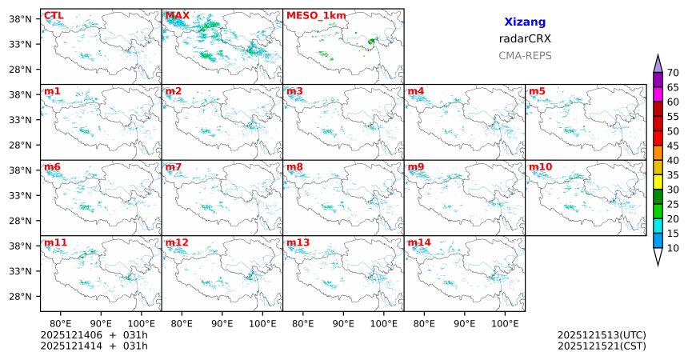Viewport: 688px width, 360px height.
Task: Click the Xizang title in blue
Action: click(x=525, y=22)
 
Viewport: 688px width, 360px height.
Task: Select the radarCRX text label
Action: click(x=525, y=38)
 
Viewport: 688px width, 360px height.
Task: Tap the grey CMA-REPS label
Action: click(x=525, y=56)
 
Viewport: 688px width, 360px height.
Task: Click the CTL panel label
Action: click(x=54, y=15)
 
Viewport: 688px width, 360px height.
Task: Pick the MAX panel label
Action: click(x=177, y=15)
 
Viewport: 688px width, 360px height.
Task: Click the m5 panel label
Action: click(x=537, y=91)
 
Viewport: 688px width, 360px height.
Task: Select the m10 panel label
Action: click(x=540, y=166)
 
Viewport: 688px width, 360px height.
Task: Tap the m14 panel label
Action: click(x=418, y=242)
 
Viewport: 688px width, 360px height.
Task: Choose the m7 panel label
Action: click(x=174, y=166)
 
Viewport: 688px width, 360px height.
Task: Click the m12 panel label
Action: click(x=177, y=242)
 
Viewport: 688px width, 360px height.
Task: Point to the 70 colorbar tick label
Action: click(x=674, y=72)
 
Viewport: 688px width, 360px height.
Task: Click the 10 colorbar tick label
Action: click(x=674, y=249)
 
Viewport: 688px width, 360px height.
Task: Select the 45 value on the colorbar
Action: click(x=674, y=146)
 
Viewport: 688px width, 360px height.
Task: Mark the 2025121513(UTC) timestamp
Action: click(x=602, y=334)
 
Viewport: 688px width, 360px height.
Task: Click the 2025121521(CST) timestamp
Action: click(x=602, y=346)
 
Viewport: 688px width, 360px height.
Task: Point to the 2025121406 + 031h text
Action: click(x=94, y=334)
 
